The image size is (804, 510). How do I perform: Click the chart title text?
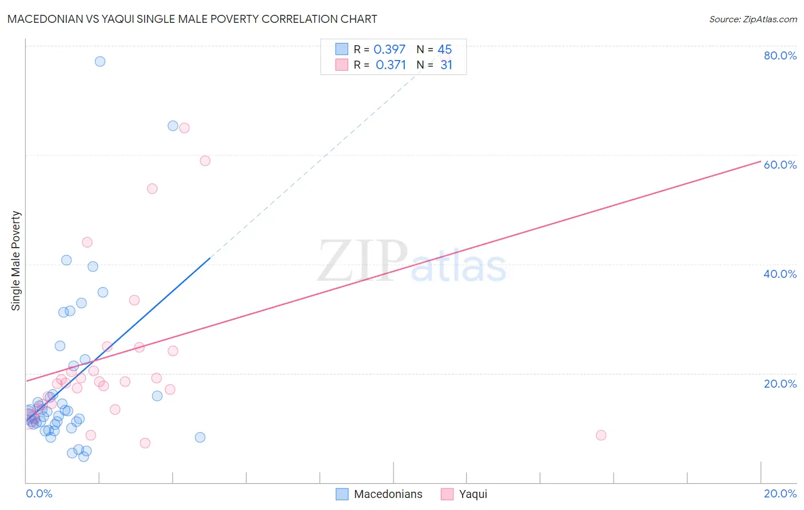192,19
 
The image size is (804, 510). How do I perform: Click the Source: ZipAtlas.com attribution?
753,19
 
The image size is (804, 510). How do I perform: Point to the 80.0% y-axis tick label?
780,55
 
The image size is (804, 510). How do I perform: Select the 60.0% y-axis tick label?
780,165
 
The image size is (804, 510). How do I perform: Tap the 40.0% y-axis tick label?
780,274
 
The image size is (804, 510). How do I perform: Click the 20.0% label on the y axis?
780,384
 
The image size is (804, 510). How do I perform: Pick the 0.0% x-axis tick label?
39,493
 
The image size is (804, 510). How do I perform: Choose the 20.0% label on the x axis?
780,493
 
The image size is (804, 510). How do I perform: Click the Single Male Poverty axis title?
16,261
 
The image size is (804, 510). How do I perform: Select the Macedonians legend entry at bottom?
388,494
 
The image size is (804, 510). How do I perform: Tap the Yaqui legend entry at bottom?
473,494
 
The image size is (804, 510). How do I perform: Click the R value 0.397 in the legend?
389,49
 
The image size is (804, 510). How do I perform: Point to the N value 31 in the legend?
446,65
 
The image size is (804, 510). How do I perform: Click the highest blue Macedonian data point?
100,61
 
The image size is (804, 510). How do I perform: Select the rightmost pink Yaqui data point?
601,435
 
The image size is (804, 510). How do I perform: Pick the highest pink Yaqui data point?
184,128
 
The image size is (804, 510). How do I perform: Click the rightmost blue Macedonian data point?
200,437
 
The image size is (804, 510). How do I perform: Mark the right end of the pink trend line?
761,161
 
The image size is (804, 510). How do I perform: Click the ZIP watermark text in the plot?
363,261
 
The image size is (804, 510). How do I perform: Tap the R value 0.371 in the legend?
391,65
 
